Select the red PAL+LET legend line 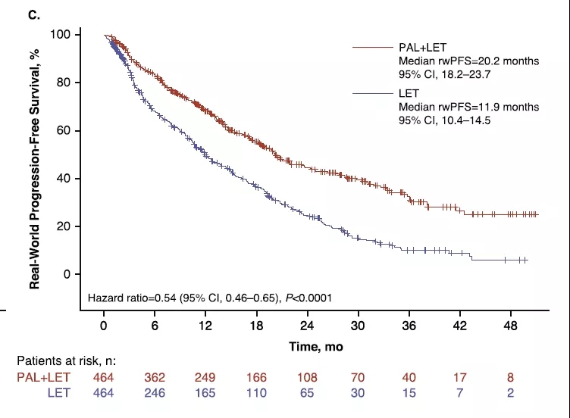pos(374,47)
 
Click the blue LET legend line pos(374,93)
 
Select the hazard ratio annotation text pos(210,298)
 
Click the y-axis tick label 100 pos(61,35)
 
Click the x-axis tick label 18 pos(257,326)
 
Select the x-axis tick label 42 pos(460,326)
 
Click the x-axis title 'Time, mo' pos(311,346)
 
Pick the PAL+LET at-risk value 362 pos(155,376)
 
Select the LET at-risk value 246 pos(155,391)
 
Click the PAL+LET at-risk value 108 pos(308,376)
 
